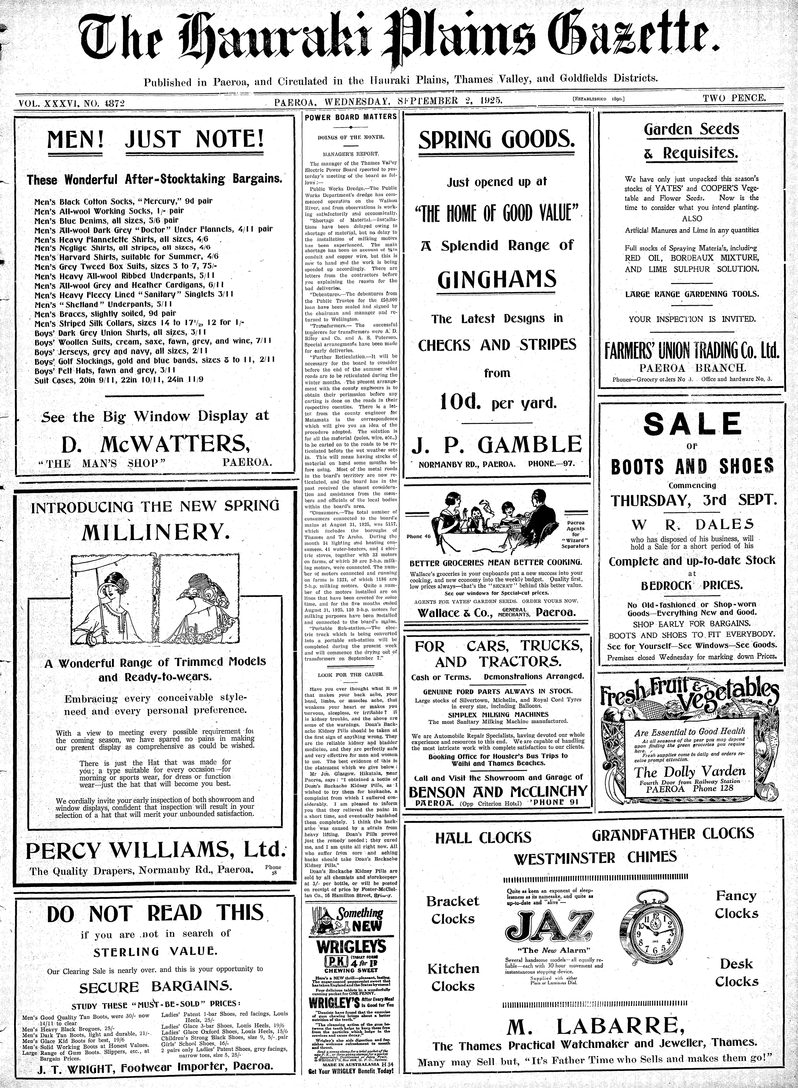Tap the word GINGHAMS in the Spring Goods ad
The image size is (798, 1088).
coord(497,279)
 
